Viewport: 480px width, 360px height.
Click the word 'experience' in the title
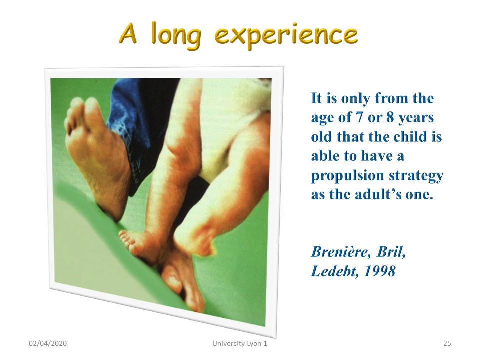286,36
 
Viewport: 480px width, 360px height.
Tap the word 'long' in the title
176,35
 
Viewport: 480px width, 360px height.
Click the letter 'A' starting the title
128,33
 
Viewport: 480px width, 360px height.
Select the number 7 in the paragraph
359,117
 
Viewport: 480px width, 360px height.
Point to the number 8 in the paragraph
390,117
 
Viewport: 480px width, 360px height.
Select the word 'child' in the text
410,136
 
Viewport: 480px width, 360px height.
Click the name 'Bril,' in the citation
391,252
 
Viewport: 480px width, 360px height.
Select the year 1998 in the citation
379,271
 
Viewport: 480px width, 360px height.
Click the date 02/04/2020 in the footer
48,343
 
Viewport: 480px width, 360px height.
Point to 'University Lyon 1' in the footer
240,343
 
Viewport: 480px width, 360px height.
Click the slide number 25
447,343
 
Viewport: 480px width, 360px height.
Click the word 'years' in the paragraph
416,118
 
